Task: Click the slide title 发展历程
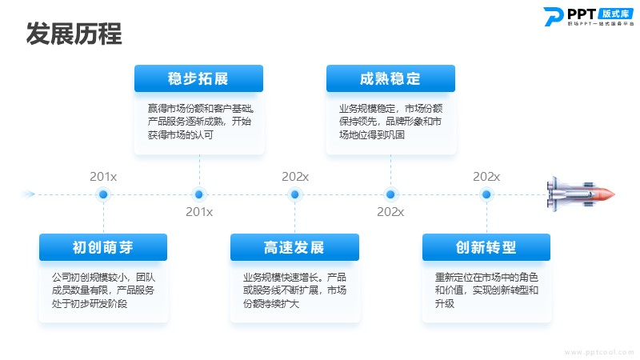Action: [x=74, y=34]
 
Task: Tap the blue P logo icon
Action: [x=553, y=17]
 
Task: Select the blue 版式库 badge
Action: [x=615, y=14]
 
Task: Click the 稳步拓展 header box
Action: [x=198, y=78]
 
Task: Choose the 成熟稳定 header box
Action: [x=390, y=78]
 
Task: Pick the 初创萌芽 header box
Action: [x=103, y=247]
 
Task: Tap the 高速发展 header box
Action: [x=294, y=247]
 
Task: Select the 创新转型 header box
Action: [x=486, y=247]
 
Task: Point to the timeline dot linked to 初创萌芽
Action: [x=103, y=194]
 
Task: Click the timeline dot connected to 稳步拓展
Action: [x=198, y=194]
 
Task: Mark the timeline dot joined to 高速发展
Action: [x=294, y=194]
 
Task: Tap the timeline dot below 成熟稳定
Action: [x=390, y=194]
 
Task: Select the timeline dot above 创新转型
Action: [x=486, y=194]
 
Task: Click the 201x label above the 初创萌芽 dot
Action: [x=103, y=177]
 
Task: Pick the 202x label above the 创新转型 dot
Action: [x=486, y=177]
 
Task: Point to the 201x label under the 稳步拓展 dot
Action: [x=199, y=212]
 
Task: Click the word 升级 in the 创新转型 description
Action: [x=445, y=304]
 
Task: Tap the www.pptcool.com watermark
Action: [x=599, y=352]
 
